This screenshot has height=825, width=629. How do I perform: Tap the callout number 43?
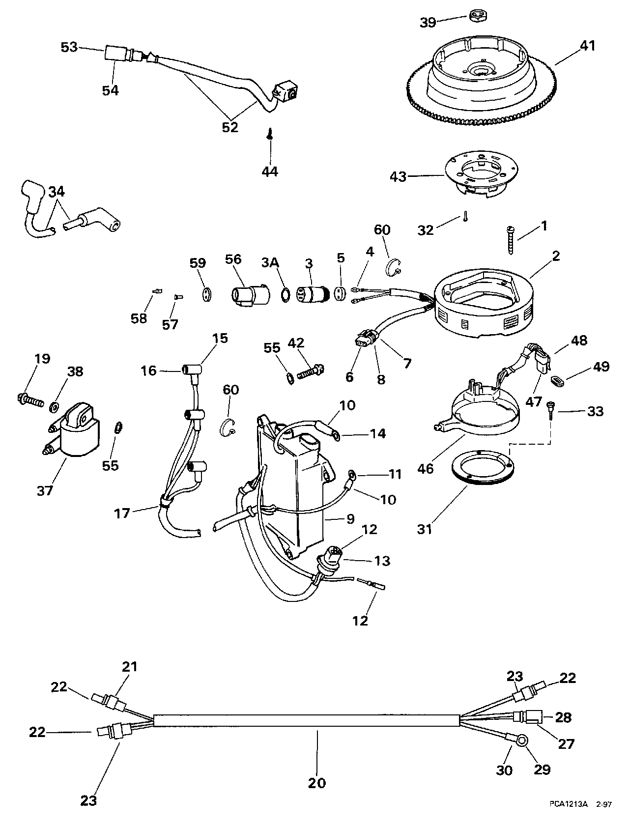click(398, 176)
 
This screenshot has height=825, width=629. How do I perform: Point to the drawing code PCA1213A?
click(568, 813)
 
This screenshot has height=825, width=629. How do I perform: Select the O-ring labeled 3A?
click(286, 294)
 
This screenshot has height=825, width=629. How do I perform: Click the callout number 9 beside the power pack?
click(350, 519)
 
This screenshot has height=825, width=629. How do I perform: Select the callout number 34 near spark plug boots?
click(57, 192)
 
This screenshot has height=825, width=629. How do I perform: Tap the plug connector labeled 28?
click(528, 717)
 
